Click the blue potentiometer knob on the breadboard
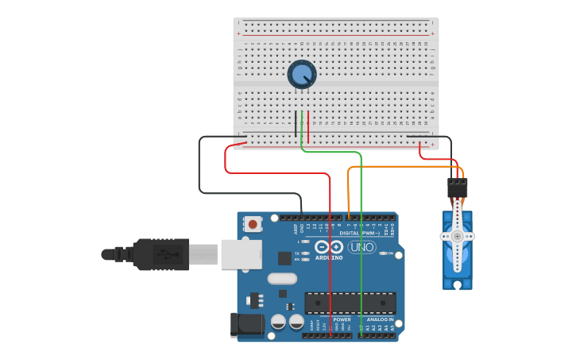tap(302, 75)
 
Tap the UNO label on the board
tap(361, 246)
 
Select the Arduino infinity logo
tap(327, 246)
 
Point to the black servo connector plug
tap(457, 188)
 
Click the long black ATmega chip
tap(350, 303)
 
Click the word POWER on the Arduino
tap(342, 319)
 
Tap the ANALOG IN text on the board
tap(379, 319)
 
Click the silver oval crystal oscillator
tap(282, 278)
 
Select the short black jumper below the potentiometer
tap(296, 123)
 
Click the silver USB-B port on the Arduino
tap(241, 254)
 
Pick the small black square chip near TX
tap(284, 257)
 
